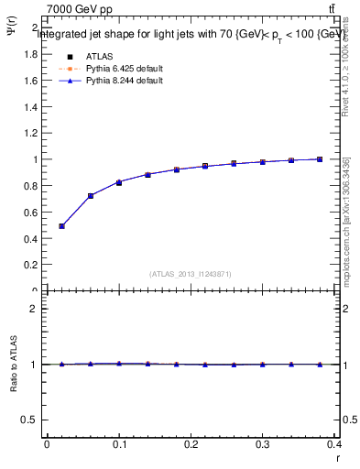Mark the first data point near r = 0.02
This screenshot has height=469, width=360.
point(61,225)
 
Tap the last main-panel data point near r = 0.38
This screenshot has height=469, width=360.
point(320,159)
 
